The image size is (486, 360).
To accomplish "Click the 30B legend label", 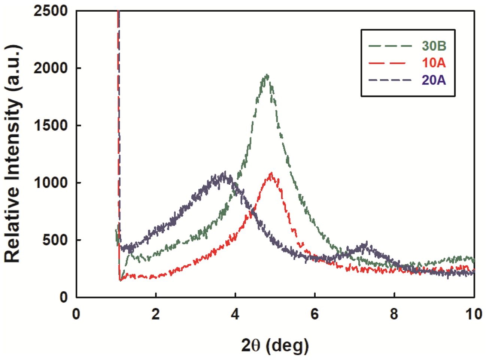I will [x=434, y=46].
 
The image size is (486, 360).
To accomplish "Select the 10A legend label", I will [x=434, y=63].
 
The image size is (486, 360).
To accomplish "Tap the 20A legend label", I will [x=434, y=80].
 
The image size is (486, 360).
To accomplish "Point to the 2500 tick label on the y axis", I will [x=51, y=11].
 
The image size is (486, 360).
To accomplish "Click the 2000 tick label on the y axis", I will [x=51, y=68].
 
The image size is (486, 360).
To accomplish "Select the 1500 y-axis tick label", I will [x=51, y=125].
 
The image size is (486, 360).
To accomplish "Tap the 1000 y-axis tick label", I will [x=51, y=183].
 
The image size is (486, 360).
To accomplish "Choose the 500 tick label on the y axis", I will [x=55, y=240].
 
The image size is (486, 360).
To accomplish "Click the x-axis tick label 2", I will [x=155, y=314].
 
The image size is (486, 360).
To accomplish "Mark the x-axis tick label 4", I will [x=235, y=314].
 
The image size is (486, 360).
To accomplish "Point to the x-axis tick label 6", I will [x=315, y=314].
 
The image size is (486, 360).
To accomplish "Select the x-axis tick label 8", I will [x=394, y=314].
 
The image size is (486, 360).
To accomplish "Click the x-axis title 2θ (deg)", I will [x=275, y=345].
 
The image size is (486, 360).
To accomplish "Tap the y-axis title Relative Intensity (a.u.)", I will [x=13, y=154].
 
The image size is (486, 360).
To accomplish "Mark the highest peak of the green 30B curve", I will [x=267, y=75].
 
